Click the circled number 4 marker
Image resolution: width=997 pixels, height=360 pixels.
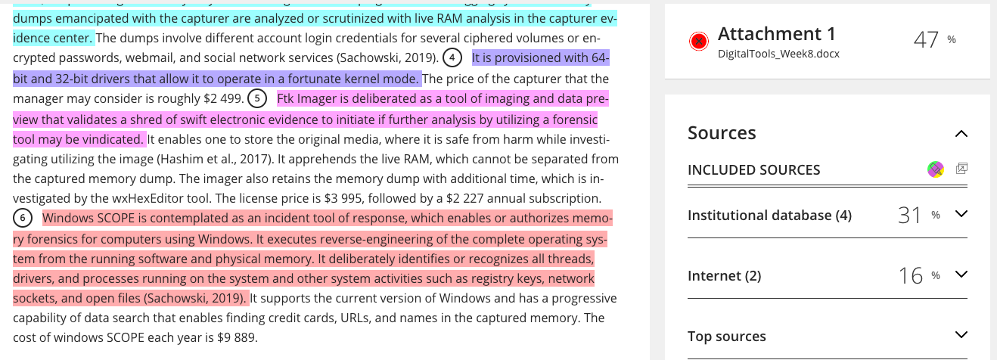coord(452,57)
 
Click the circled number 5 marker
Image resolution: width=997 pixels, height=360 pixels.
coord(257,98)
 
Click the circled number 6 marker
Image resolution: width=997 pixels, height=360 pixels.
coord(23,218)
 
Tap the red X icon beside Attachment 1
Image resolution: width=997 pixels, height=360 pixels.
coord(699,42)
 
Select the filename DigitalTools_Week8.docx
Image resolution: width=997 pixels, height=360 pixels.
coord(778,54)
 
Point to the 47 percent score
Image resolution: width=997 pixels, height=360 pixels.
coord(934,39)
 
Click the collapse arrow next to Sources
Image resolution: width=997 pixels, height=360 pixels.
coord(961,134)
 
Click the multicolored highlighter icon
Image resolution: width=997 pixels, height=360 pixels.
coord(936,169)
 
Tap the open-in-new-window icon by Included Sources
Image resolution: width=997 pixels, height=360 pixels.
coord(962,168)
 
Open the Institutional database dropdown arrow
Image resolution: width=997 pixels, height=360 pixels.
coord(961,214)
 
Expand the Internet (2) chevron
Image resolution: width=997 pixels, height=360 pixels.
coord(961,275)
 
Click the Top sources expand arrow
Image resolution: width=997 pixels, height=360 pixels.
coord(961,334)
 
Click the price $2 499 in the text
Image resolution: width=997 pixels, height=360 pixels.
coord(223,98)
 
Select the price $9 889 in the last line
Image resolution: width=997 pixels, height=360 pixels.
coord(238,337)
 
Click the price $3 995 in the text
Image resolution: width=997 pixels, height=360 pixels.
coord(343,198)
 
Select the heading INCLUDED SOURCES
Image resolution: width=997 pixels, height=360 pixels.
coord(753,170)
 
